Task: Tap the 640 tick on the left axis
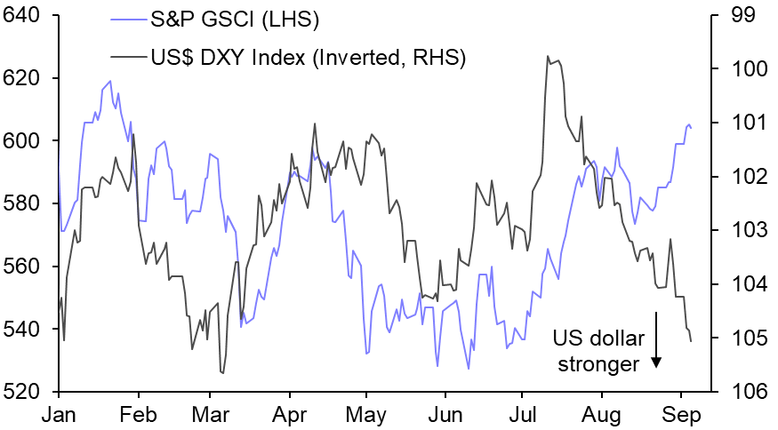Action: [23, 16]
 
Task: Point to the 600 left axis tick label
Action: [23, 141]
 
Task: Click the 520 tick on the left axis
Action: [23, 392]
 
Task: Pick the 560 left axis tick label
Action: [23, 267]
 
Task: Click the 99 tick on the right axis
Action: [742, 16]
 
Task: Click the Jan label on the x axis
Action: [58, 414]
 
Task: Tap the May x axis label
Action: [366, 414]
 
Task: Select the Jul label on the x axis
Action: [524, 414]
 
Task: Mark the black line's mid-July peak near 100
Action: [549, 57]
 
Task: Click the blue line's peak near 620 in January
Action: [109, 82]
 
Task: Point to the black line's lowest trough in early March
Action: [221, 372]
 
